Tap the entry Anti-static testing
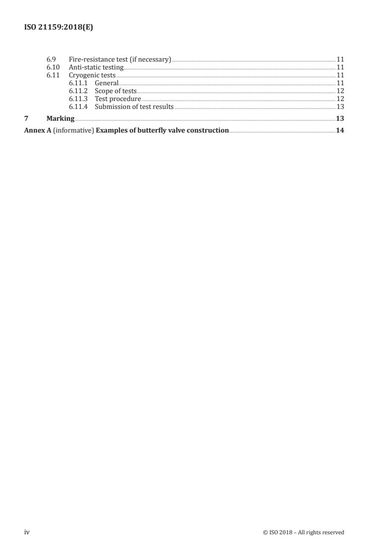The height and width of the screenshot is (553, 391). [x=96, y=68]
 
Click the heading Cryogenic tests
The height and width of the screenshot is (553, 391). [x=92, y=75]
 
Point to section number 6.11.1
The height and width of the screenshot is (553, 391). [x=78, y=83]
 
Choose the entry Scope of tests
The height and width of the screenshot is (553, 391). [x=115, y=91]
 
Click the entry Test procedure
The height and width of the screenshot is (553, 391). [x=118, y=99]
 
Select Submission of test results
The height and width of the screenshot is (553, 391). [x=134, y=107]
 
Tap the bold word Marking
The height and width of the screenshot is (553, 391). [x=60, y=118]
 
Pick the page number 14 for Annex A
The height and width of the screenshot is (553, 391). [x=340, y=131]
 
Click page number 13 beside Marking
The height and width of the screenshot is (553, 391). [x=340, y=118]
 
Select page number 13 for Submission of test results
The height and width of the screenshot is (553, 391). [x=340, y=107]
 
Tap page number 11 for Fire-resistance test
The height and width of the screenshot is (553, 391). [x=340, y=60]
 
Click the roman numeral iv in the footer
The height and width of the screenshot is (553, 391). [x=27, y=532]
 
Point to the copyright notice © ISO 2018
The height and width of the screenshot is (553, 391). [x=304, y=532]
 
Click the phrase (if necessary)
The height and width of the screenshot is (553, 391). [x=150, y=60]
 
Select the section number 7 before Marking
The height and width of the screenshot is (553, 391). [x=26, y=118]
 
